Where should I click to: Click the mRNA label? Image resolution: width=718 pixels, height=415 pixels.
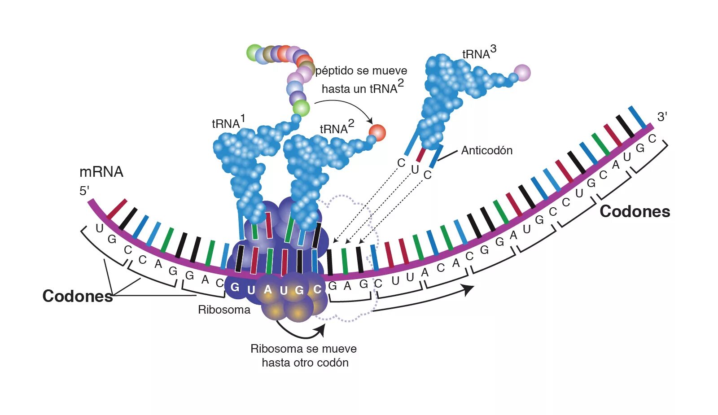point(101,172)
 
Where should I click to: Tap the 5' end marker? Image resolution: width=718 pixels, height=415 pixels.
point(84,191)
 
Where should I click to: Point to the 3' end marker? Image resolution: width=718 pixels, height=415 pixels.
point(662,117)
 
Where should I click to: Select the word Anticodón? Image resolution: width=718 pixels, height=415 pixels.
point(486,150)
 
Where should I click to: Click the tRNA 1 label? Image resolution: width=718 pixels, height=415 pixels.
point(228,122)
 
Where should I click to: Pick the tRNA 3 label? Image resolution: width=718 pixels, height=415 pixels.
point(479,52)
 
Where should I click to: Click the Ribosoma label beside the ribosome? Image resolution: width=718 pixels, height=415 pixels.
point(224,310)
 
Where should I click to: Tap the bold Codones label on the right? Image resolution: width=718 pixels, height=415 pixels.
point(635,211)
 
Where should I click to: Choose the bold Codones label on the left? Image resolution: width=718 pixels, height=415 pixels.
point(77,296)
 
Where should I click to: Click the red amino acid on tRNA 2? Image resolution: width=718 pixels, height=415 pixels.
point(377,133)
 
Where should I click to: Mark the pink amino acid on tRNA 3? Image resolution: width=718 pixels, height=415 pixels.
point(521,73)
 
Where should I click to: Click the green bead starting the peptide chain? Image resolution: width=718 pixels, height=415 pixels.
point(254,52)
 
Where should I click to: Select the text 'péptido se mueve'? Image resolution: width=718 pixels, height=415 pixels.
point(361,71)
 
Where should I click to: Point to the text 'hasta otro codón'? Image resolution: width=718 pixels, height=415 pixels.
point(305,363)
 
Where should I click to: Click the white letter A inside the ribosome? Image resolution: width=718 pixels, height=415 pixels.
point(268,290)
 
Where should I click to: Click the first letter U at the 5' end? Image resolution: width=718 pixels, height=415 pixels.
point(100,228)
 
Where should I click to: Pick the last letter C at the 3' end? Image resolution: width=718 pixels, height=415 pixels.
point(652,139)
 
